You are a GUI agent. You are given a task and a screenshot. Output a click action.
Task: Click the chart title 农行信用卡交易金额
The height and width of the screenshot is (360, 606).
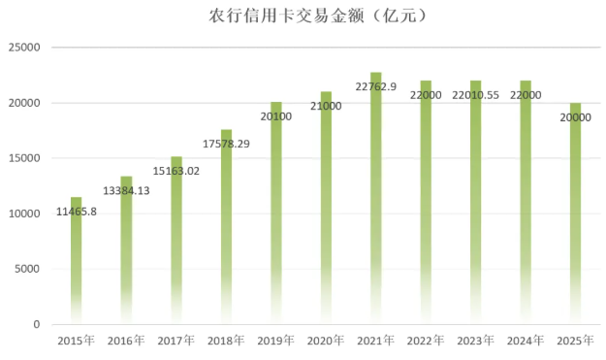tap(303, 16)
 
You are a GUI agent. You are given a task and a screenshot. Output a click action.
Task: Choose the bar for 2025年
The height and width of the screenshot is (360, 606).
tap(576, 213)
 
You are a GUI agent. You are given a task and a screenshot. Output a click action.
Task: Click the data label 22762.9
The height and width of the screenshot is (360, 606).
tap(375, 87)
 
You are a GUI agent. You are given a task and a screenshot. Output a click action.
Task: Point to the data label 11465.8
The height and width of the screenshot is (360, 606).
tap(76, 211)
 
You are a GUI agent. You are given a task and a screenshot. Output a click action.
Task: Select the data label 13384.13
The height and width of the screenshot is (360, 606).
tap(126, 190)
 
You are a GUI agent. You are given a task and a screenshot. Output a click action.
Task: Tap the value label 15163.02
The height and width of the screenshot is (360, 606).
tap(176, 171)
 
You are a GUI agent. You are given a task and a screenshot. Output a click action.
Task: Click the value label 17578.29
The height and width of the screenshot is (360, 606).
tap(226, 144)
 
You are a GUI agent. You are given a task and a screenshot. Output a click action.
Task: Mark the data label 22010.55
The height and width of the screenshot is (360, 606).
tap(475, 95)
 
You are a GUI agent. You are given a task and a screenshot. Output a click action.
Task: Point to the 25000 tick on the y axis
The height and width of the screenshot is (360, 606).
tap(26, 48)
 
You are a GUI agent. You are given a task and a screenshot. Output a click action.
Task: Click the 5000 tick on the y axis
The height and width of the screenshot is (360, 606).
tap(29, 269)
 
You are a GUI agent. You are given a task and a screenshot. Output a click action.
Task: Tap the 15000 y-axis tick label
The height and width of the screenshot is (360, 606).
tap(26, 158)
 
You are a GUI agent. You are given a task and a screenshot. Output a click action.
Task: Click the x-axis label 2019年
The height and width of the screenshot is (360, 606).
tap(275, 341)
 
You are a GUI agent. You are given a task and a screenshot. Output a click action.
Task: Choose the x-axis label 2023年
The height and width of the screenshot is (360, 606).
tap(475, 341)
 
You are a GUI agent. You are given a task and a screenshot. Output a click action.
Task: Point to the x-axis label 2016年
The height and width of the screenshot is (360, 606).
tap(126, 341)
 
